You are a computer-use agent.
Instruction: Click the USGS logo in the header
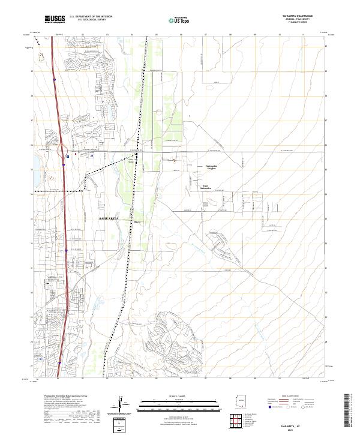pos(55,20)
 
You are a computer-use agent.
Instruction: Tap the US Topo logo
pos(173,20)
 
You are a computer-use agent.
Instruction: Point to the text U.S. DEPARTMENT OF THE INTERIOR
pos(90,17)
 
